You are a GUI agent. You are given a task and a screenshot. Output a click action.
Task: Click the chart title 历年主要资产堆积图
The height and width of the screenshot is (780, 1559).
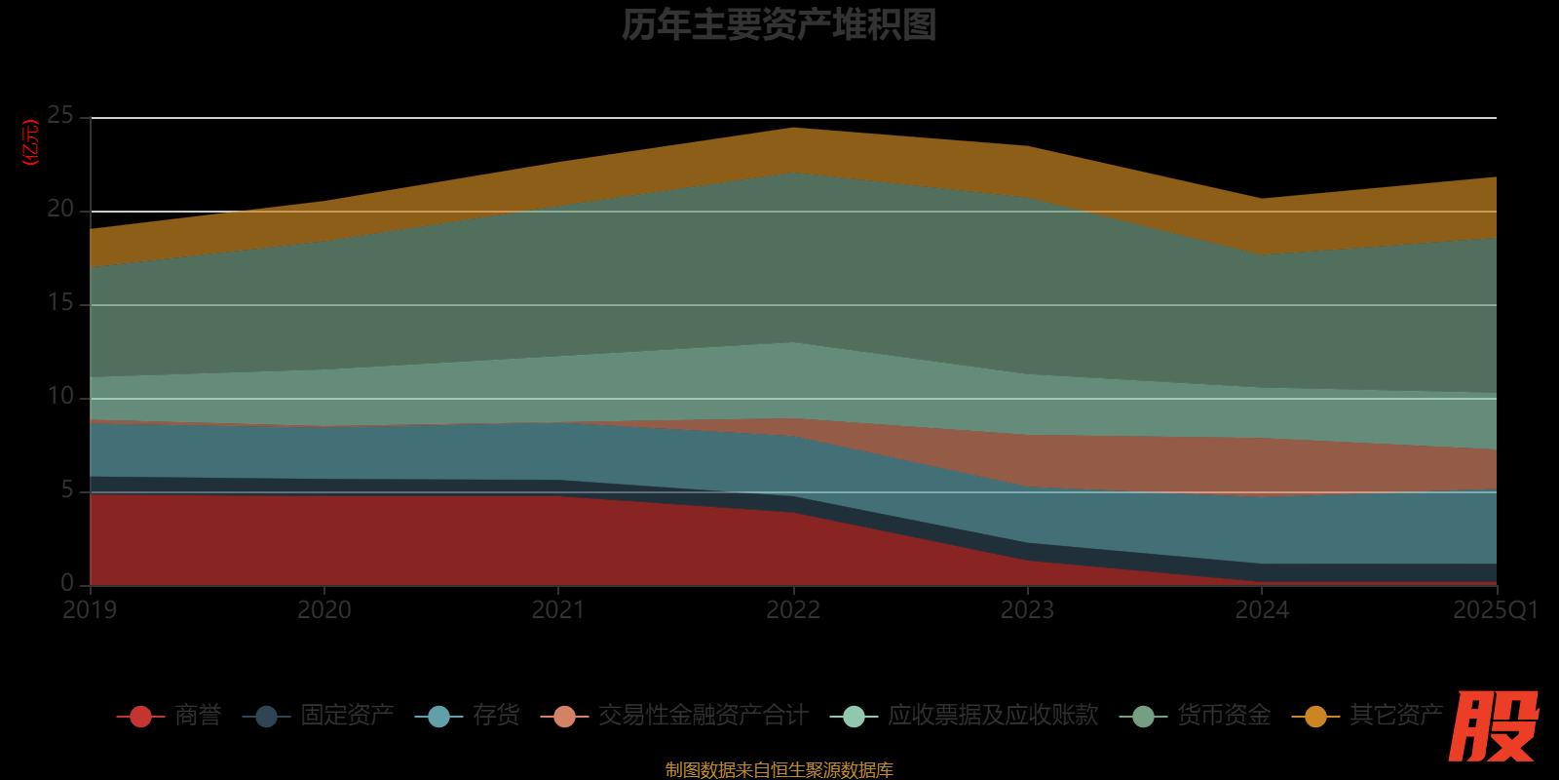(x=779, y=25)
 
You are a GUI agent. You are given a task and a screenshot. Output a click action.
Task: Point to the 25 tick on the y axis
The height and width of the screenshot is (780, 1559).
(x=60, y=116)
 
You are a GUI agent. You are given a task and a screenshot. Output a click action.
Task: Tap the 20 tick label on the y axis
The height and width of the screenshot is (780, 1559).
(x=60, y=210)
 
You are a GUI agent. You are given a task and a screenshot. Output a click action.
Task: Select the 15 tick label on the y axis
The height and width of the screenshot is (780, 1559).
(x=60, y=303)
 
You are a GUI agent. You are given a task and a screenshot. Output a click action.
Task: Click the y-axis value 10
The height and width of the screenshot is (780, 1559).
(x=60, y=397)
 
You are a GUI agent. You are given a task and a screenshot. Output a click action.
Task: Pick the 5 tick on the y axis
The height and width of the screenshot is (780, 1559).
(x=66, y=490)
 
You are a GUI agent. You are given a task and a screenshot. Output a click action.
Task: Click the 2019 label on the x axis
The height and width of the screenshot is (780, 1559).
(x=90, y=610)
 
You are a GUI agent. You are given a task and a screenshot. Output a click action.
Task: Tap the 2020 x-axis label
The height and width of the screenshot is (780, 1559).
(x=324, y=610)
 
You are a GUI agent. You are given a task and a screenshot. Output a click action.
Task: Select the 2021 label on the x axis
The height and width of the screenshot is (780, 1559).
(x=558, y=610)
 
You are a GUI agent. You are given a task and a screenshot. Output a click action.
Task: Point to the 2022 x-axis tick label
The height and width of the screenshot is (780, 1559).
(x=793, y=610)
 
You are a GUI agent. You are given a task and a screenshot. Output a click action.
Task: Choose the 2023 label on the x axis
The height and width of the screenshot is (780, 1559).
(x=1027, y=610)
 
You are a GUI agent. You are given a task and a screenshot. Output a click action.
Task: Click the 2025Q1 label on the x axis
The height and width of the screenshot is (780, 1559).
(x=1495, y=610)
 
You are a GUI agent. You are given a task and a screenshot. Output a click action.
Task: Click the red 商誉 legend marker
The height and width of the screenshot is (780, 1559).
(x=140, y=717)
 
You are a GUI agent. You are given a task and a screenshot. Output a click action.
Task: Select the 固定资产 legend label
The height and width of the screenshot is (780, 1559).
(x=347, y=716)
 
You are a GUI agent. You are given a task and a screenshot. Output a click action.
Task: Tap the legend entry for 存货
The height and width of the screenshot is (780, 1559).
(x=496, y=716)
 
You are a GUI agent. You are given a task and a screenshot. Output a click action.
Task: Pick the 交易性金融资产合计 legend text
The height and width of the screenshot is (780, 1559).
(x=703, y=716)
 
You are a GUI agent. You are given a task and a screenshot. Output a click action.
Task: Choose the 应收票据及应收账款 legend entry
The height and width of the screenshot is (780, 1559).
(x=992, y=716)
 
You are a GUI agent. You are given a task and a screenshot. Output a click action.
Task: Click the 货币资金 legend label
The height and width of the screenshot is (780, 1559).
(x=1224, y=716)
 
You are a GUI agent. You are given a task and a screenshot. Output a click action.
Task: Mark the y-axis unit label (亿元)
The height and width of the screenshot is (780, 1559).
(x=31, y=142)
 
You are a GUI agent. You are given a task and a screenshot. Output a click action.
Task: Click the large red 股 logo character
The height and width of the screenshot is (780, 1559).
(x=1493, y=726)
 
